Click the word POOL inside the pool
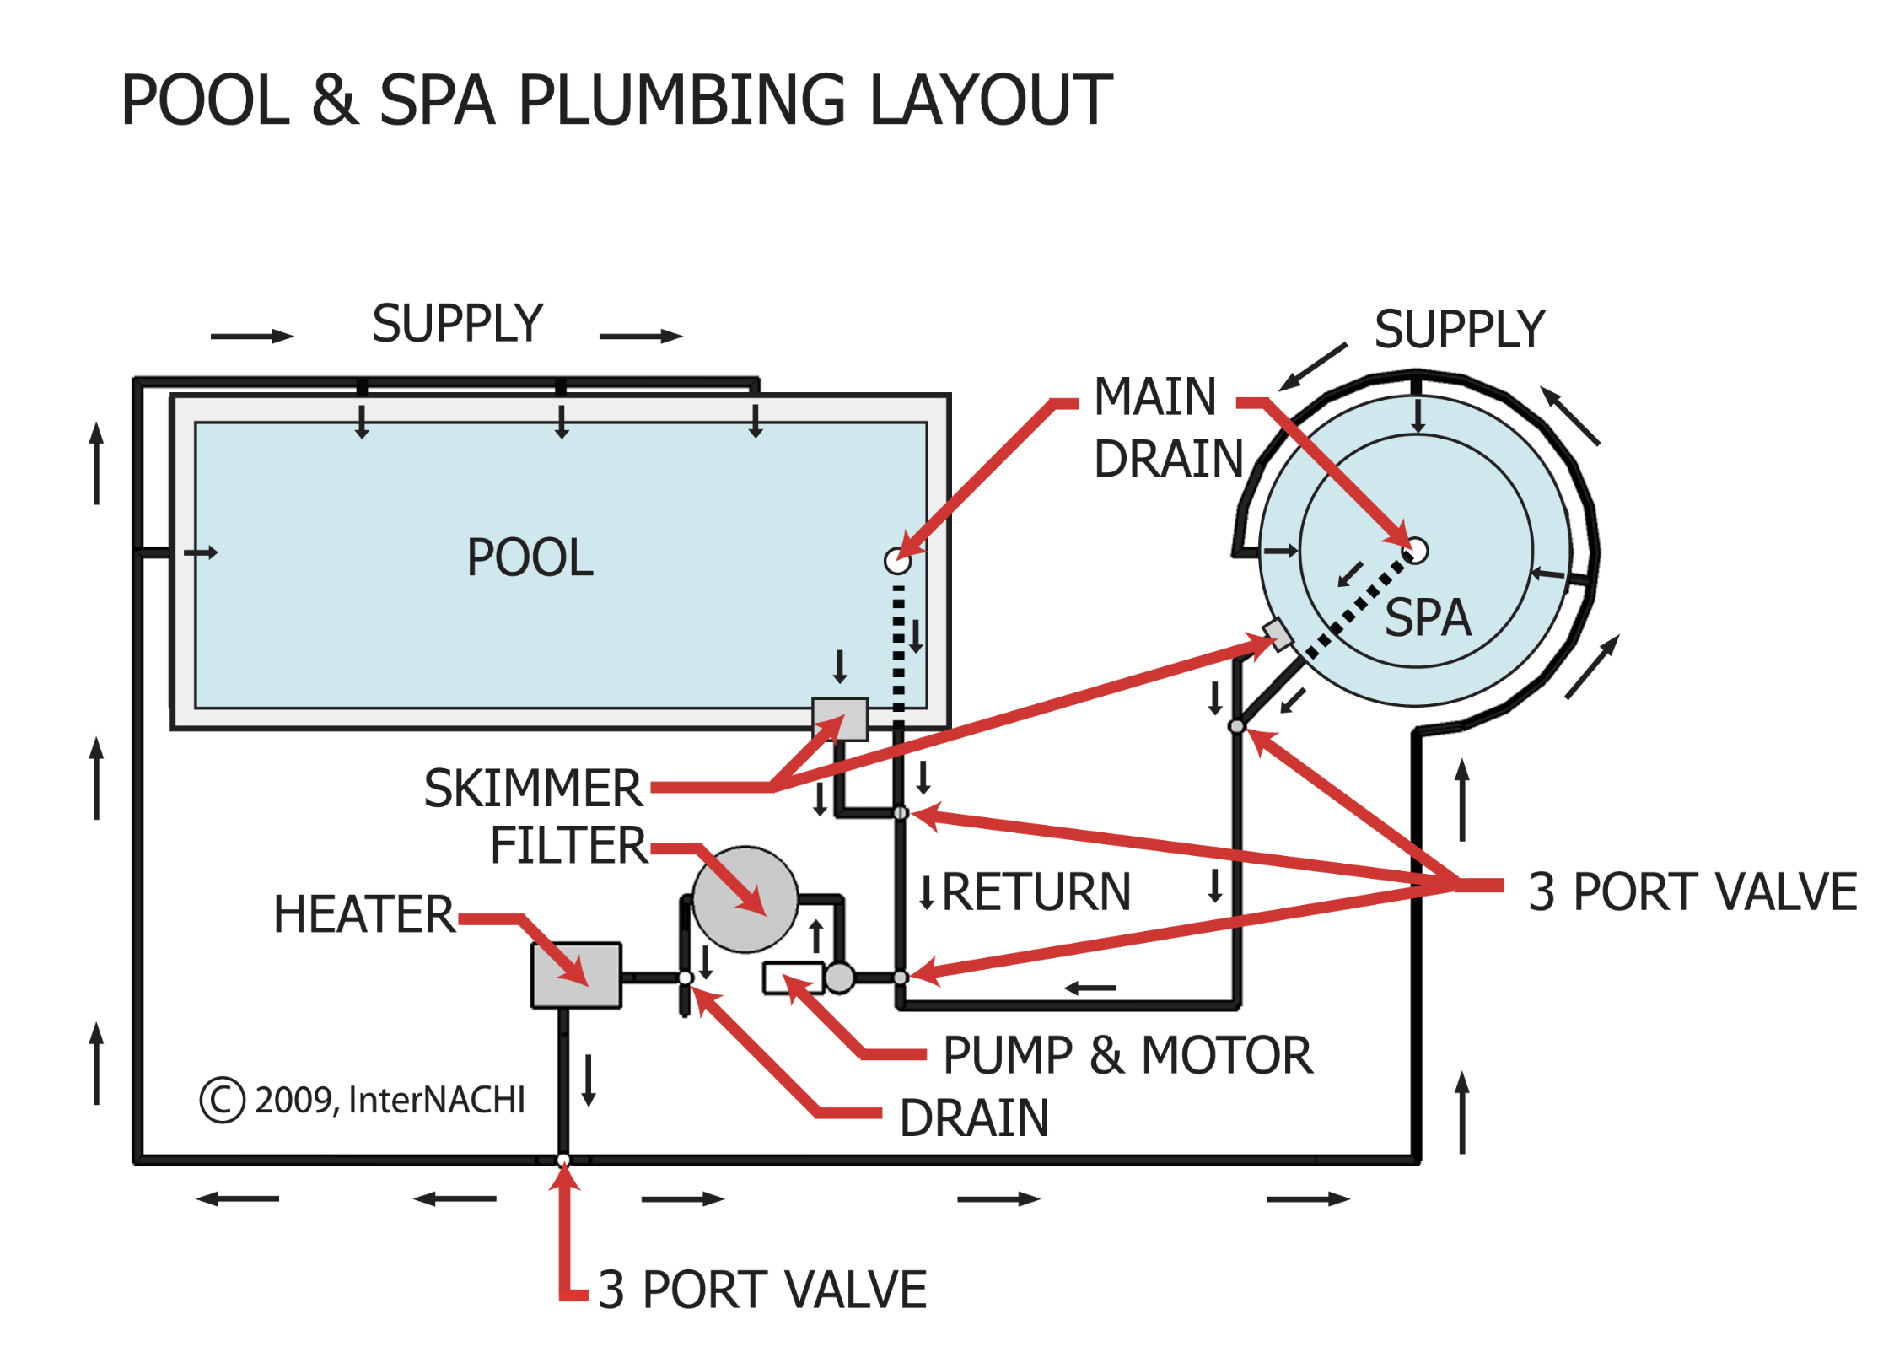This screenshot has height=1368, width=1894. (x=530, y=558)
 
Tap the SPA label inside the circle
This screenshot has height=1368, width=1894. (x=1427, y=618)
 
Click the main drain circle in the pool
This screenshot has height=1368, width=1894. (x=897, y=561)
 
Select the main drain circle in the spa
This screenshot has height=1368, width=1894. (x=1417, y=551)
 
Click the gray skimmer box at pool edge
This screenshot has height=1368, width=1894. (x=839, y=719)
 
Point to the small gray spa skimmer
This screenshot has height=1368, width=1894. (x=1278, y=634)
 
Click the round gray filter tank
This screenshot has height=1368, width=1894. (x=745, y=900)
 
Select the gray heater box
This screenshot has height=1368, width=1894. (x=576, y=976)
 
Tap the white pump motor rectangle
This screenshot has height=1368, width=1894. (x=792, y=978)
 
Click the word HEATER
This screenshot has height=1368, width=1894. (x=363, y=915)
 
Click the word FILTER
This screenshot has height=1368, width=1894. (x=568, y=846)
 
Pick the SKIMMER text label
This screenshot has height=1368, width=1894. (x=532, y=789)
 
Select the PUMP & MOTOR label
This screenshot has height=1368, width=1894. (x=1127, y=1055)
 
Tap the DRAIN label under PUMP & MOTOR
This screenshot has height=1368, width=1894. (x=974, y=1118)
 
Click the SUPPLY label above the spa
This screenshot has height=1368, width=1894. (x=1459, y=329)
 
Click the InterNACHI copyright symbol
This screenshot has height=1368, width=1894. (x=222, y=1100)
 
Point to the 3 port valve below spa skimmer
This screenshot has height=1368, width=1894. (x=1236, y=726)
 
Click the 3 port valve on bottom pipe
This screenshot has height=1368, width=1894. (x=563, y=1161)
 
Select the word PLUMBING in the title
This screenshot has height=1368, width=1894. (x=681, y=100)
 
